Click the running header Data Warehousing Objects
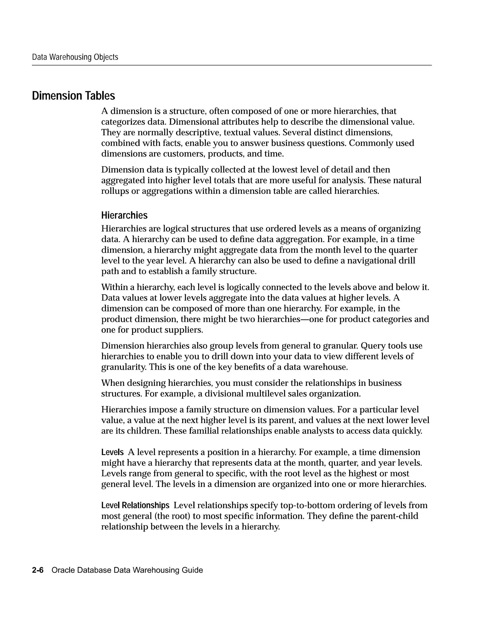click(75, 57)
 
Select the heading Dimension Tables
click(74, 96)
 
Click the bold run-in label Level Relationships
click(135, 505)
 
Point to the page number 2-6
click(38, 570)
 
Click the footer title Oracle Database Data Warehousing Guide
click(127, 570)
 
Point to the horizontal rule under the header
click(232, 65)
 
